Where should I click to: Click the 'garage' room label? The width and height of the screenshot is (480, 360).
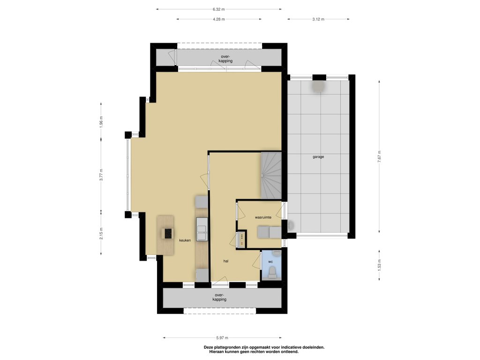pos(318,157)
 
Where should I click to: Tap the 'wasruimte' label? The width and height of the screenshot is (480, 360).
pos(263,217)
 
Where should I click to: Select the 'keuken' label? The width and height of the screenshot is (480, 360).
pos(185,240)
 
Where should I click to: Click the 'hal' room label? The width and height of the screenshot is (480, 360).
pos(226,261)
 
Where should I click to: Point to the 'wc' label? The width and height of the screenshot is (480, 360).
pos(270,262)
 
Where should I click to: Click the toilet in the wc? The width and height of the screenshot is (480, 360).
pos(272,272)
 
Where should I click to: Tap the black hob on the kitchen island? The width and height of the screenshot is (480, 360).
pos(169,233)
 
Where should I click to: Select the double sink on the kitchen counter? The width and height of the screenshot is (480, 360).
pos(202,229)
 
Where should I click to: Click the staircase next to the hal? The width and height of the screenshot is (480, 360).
pos(271,176)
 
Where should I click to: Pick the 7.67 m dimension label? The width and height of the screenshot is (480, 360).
pos(379,157)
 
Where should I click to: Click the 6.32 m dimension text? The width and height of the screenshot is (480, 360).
pos(218,9)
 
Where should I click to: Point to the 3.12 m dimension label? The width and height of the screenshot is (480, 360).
pos(318,19)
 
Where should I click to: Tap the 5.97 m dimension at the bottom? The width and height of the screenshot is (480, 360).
pos(222,338)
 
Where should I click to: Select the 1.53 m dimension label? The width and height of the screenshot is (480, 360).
pos(379,265)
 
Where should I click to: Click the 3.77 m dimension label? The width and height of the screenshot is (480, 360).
pos(101,174)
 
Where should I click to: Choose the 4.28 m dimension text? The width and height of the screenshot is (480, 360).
pos(218,19)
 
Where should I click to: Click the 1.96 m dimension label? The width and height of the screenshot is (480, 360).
pos(101,122)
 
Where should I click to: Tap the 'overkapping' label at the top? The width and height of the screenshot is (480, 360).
pos(225,59)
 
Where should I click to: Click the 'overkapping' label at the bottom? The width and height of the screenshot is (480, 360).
pos(219,297)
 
